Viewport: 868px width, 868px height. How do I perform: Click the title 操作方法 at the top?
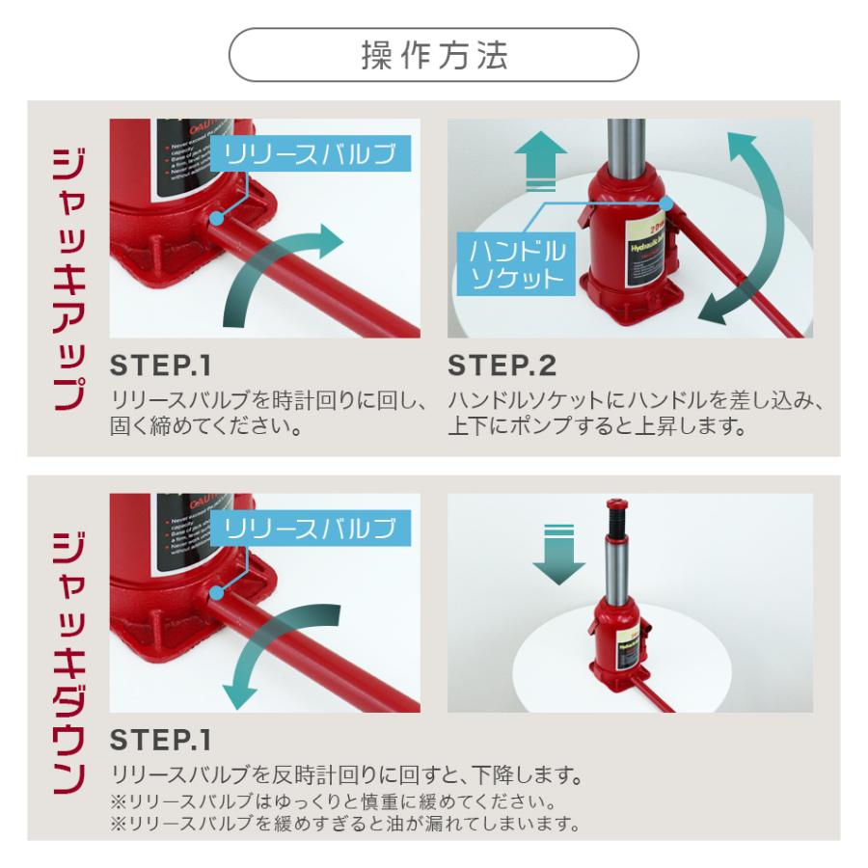433,55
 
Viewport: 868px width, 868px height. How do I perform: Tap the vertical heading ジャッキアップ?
67,281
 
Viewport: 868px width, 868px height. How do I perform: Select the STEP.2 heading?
502,367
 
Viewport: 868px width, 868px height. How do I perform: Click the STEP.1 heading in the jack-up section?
160,367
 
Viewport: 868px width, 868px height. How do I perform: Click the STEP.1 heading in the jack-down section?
160,741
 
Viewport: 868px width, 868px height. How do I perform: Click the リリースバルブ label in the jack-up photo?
310,154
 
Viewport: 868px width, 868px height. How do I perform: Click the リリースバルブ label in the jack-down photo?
310,528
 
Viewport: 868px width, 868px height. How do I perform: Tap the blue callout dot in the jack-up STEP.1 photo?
217,219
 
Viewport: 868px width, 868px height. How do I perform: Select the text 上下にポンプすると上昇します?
598,425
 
